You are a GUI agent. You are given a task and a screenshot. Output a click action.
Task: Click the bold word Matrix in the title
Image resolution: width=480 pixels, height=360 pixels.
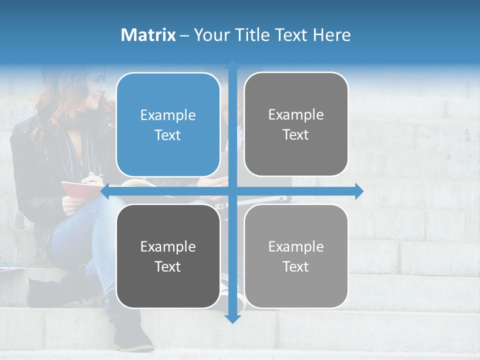148,35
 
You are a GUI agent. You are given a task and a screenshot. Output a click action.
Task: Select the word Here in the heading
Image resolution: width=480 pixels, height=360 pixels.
331,35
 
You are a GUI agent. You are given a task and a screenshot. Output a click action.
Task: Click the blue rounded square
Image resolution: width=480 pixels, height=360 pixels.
168,124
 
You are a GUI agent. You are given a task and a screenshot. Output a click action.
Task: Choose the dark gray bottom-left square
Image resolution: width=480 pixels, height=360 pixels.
168,256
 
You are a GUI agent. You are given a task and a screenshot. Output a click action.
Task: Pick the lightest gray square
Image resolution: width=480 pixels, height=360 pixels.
296,256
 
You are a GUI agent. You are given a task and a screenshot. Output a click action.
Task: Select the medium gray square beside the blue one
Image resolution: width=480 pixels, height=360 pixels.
296,124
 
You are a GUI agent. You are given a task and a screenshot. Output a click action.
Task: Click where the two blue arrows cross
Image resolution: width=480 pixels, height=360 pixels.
232,191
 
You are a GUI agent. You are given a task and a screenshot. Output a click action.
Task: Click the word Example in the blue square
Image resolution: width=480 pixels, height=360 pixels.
168,115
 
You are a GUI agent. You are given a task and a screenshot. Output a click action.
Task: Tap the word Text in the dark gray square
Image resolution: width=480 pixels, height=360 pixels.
168,266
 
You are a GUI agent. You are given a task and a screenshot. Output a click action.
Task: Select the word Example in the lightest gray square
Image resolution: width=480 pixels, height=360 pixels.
296,246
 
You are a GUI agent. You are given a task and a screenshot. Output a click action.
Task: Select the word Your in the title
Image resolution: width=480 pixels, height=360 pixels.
210,35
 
